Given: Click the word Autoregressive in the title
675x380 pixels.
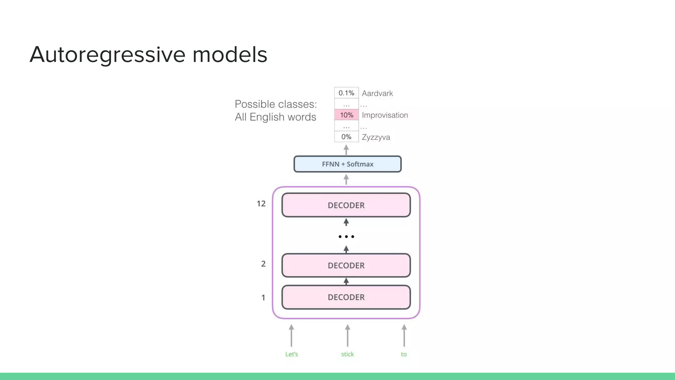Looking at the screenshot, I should tap(107, 54).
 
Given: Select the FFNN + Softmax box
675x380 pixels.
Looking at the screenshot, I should tap(347, 164).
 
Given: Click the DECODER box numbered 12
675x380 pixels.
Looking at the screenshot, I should tap(346, 205).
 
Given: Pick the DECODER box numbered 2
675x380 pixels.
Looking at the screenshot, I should tap(346, 266).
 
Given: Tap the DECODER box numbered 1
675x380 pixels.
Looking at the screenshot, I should tap(346, 297).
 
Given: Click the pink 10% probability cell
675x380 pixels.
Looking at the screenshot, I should tap(346, 115).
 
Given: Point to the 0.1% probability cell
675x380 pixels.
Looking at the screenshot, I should tap(346, 93).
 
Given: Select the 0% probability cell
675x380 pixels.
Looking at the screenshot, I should tap(346, 137).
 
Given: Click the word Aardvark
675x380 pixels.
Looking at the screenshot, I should tap(377, 93).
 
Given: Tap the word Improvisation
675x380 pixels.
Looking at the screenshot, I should tap(385, 115).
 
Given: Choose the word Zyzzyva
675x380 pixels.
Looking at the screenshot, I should tap(376, 137).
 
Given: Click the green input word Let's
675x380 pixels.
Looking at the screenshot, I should tap(291, 354).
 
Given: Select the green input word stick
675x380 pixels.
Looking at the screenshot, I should tap(347, 354).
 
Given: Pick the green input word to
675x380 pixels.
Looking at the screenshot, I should tap(404, 354).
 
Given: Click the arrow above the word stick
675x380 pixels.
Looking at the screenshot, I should tap(347, 335).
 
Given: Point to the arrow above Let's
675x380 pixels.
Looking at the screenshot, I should tap(291, 335).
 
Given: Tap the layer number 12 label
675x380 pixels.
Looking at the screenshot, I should tap(261, 204).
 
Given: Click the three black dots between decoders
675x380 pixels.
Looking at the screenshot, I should tap(346, 237).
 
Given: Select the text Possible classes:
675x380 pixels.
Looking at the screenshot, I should tap(276, 104).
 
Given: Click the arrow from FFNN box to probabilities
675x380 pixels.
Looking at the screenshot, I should tap(346, 150).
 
